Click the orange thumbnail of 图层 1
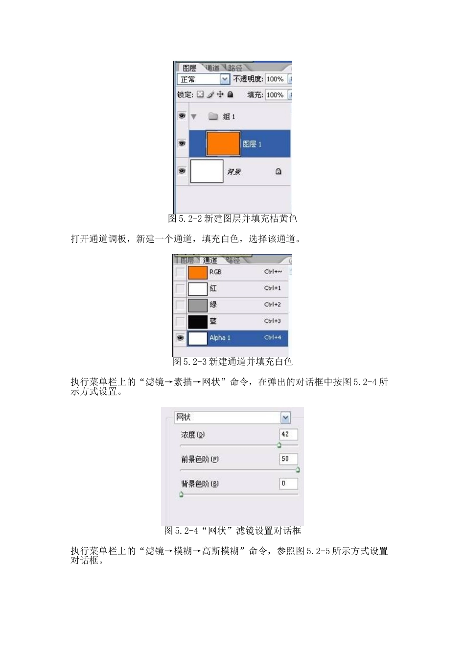click(223, 144)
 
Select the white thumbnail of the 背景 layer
click(207, 171)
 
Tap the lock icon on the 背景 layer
click(278, 171)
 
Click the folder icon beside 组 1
click(213, 117)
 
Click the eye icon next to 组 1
click(182, 116)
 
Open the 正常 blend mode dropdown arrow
click(225, 79)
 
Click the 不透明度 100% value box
click(275, 79)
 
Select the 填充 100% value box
click(275, 94)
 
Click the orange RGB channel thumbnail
click(198, 272)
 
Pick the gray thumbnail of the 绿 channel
click(198, 305)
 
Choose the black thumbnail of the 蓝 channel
click(198, 322)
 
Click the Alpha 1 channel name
click(220, 338)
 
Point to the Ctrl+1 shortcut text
click(273, 288)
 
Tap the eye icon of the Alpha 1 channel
click(180, 338)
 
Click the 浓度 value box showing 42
click(288, 434)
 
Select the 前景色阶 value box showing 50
click(288, 459)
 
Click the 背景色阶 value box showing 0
click(288, 484)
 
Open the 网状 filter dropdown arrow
click(286, 418)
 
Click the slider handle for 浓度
click(279, 445)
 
